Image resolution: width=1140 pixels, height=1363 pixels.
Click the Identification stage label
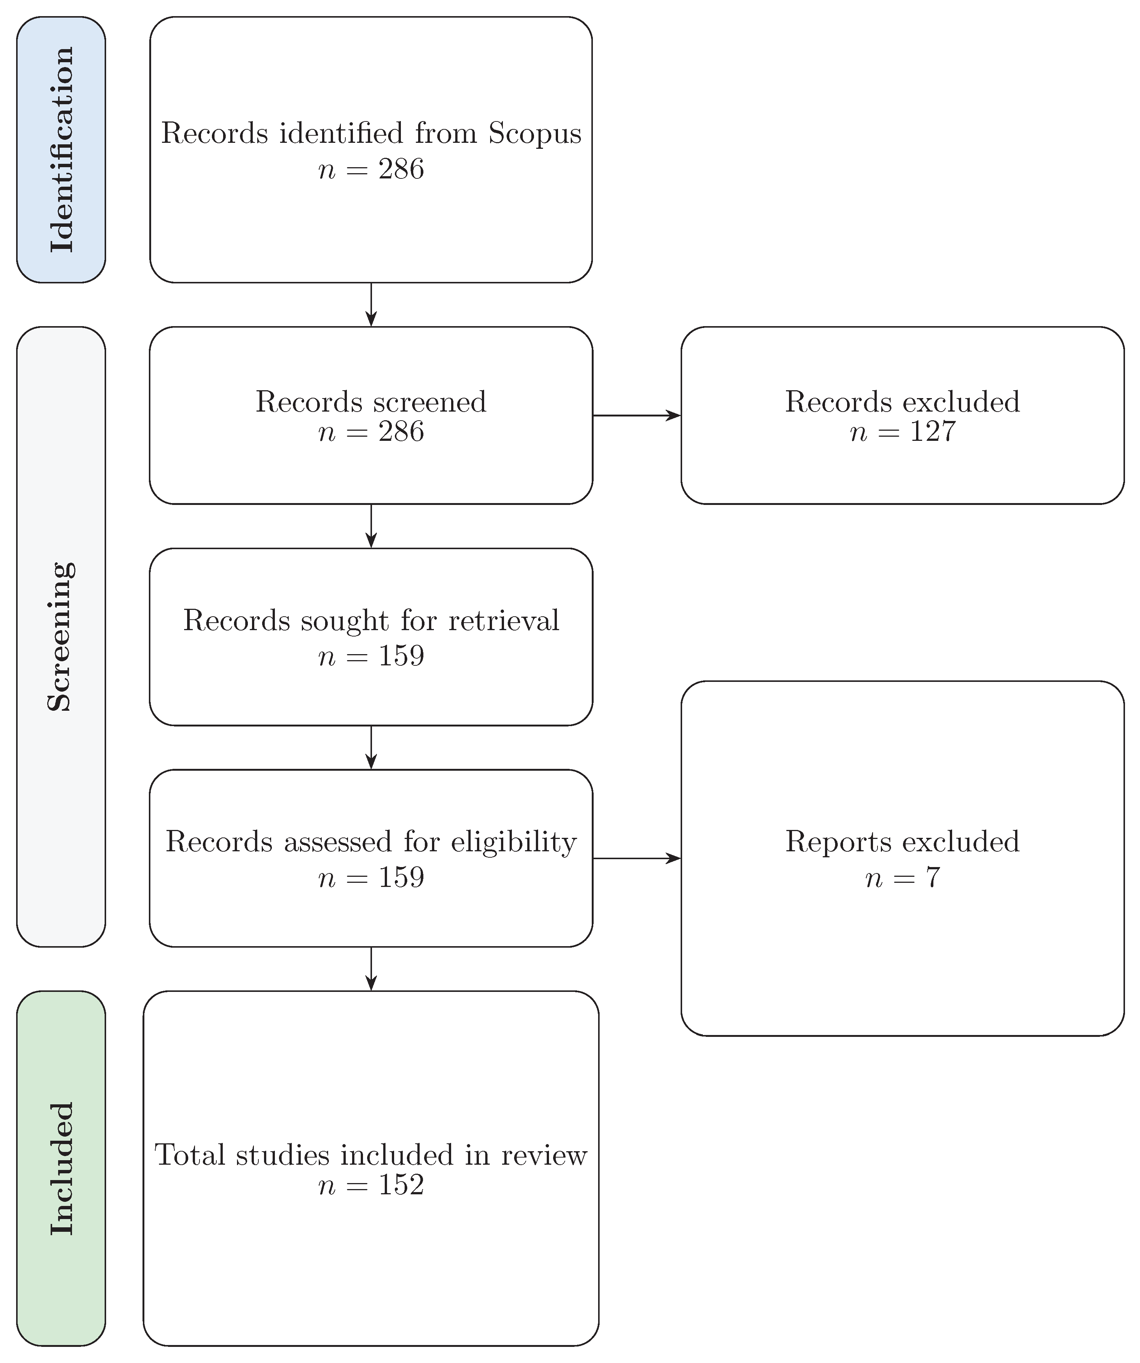[x=61, y=149]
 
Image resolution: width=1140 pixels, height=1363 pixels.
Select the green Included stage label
[x=61, y=1168]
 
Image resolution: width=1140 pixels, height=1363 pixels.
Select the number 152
[x=400, y=1185]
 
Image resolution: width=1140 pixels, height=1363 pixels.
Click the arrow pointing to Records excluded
[x=636, y=415]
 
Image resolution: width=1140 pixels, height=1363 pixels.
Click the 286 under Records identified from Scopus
[x=400, y=169]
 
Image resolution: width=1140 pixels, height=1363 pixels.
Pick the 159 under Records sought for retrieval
[x=400, y=656]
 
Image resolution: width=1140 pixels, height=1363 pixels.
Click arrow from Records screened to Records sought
[x=371, y=526]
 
